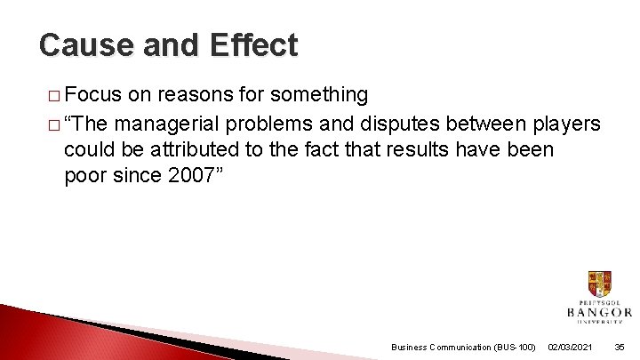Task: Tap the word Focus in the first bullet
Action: (x=94, y=94)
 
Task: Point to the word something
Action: (x=318, y=94)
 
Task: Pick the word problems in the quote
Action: (x=292, y=122)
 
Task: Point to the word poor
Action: (x=85, y=175)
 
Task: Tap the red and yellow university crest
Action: (x=599, y=284)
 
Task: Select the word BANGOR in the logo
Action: (x=599, y=312)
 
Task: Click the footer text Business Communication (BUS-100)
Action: (x=462, y=347)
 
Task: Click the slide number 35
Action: (x=620, y=347)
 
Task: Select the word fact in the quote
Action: (x=333, y=148)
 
